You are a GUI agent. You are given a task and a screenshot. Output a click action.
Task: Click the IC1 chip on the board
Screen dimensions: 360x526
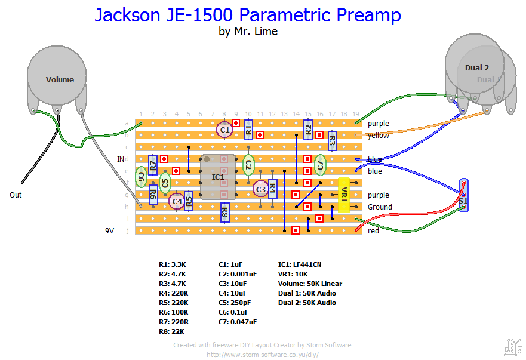tap(219, 177)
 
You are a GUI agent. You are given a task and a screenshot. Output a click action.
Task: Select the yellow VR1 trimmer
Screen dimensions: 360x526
tap(343, 195)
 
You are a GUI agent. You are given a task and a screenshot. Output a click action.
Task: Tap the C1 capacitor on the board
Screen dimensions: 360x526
tap(224, 129)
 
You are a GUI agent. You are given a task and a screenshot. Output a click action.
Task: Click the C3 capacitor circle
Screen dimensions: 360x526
tap(260, 189)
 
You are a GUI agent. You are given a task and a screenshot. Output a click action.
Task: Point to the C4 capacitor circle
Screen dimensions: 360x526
tap(177, 202)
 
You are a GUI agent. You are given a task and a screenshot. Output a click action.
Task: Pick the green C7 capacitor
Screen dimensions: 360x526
tap(320, 164)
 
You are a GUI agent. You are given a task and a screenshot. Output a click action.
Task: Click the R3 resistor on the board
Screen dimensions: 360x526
tap(332, 141)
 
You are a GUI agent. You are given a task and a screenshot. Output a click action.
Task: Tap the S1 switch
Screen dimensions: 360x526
tap(464, 195)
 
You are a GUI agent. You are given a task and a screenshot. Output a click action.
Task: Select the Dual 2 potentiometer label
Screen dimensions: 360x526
tap(476, 68)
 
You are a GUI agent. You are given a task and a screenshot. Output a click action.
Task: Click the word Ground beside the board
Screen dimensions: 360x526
tap(380, 207)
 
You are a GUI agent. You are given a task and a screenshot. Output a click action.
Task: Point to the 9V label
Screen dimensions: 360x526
tap(110, 230)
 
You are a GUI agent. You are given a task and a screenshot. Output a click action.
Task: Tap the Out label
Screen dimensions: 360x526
tap(17, 195)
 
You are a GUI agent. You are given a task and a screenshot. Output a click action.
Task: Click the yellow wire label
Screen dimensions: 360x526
tap(378, 136)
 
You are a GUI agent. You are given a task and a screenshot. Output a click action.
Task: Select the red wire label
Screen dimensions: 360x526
tap(373, 231)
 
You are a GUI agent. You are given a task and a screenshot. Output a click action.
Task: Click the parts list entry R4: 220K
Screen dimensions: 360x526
tap(174, 293)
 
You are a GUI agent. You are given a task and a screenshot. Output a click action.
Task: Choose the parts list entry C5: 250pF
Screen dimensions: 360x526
tap(235, 303)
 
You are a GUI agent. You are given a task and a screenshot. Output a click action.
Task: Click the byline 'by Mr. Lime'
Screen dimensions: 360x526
tap(248, 32)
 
